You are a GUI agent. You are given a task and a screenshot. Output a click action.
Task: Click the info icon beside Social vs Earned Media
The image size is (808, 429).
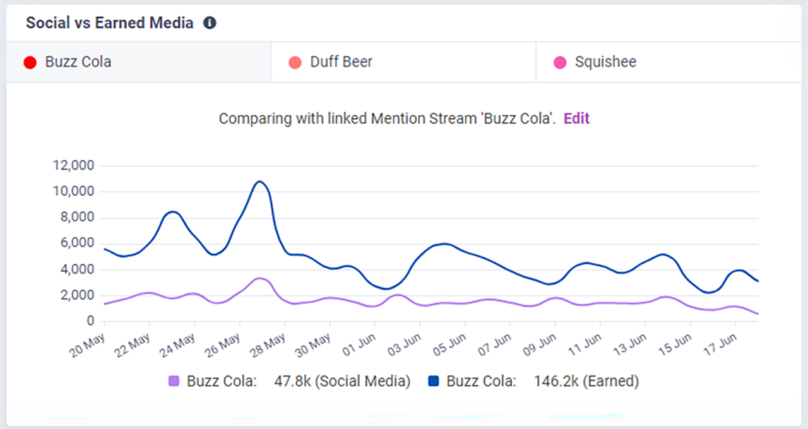click(x=210, y=23)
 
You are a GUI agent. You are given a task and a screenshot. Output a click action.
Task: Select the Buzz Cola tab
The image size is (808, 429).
click(x=78, y=62)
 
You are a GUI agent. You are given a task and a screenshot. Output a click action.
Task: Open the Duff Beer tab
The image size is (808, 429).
click(x=341, y=62)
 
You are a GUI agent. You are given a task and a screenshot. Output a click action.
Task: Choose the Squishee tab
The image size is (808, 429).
click(x=605, y=62)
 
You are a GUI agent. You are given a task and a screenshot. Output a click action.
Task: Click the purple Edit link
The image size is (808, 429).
click(x=576, y=119)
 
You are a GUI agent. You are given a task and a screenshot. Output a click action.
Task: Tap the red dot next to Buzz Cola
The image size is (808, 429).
click(x=30, y=62)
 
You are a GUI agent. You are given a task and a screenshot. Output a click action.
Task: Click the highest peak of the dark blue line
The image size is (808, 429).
click(x=259, y=182)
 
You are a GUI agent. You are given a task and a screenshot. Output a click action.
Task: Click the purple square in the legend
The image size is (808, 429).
click(x=174, y=381)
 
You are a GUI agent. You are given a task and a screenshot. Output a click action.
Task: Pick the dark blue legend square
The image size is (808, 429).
click(x=433, y=381)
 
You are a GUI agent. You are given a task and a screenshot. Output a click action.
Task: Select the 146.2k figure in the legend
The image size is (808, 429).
click(x=550, y=381)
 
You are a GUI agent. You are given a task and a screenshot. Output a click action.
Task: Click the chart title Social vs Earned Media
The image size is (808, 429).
click(x=109, y=23)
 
